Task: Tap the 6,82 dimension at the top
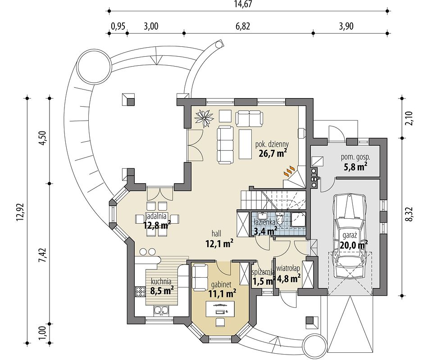(x=242, y=26)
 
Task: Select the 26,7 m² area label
(x=273, y=153)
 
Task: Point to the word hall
(x=216, y=234)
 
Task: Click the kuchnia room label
(x=161, y=281)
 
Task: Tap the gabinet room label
(x=221, y=285)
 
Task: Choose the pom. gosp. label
(x=355, y=157)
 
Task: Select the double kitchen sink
(x=161, y=310)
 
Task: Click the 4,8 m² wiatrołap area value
(x=288, y=279)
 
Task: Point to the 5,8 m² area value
(x=355, y=166)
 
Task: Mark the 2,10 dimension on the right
(x=410, y=118)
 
